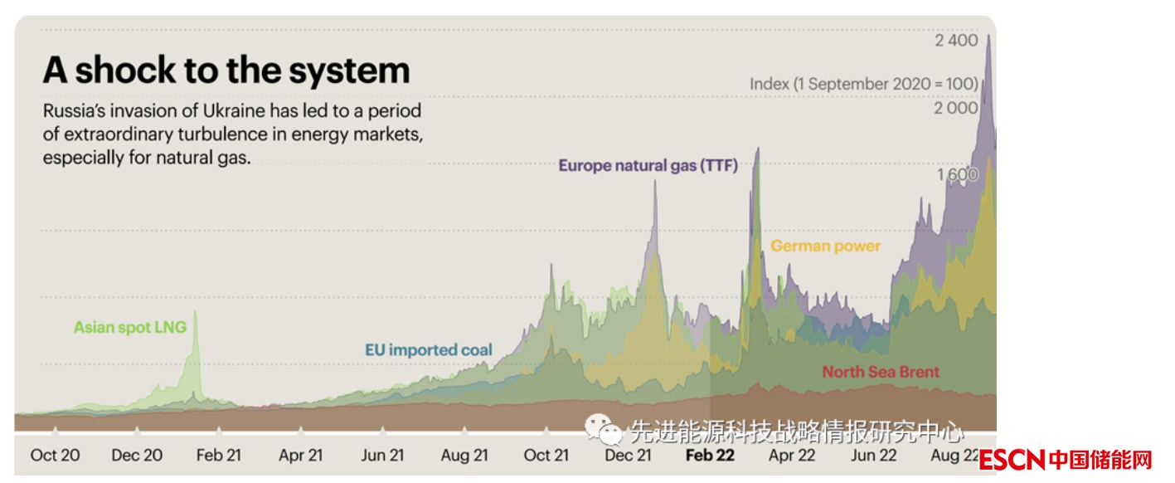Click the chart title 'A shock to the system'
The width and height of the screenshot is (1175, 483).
point(226,71)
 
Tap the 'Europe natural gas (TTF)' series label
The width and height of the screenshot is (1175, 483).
point(648,165)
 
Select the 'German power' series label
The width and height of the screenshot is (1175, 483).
point(825,246)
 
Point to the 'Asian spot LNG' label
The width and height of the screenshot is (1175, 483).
point(130,327)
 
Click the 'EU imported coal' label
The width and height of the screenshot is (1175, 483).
point(429,350)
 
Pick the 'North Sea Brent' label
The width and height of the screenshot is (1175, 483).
point(881,372)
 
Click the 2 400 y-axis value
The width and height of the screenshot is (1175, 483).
point(956,41)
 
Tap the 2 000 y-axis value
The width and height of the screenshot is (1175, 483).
point(956,108)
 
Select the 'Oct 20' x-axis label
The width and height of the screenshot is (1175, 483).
point(55,455)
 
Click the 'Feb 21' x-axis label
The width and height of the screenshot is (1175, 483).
point(219,455)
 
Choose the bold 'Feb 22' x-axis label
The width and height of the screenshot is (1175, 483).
point(711,455)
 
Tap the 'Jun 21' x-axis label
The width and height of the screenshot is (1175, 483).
point(383,455)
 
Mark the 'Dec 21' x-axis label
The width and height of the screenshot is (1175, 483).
point(628,455)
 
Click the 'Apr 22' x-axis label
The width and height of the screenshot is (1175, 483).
point(792,455)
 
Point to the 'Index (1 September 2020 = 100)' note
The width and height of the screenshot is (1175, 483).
point(863,84)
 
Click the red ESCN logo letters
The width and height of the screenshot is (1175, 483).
point(1012,459)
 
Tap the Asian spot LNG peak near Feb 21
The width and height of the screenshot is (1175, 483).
point(196,313)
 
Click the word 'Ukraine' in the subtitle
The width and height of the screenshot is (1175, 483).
point(226,111)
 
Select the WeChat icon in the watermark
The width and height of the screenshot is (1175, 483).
point(604,430)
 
